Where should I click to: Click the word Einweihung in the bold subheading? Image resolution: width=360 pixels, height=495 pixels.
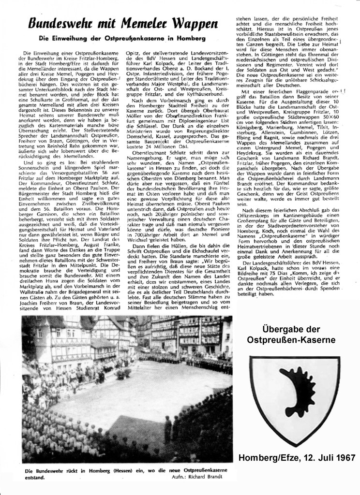click(84, 38)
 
